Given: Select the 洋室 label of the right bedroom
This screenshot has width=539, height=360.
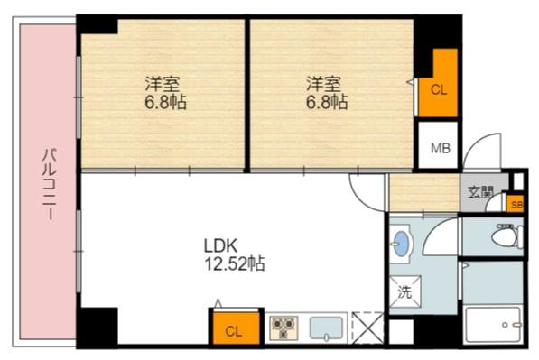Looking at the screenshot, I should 324,84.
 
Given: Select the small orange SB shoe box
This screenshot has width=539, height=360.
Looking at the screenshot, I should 516,204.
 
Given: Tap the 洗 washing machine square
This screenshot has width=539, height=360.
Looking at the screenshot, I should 404,291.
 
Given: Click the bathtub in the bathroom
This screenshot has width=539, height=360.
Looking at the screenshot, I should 492,322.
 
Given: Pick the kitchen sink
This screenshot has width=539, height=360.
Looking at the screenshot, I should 325,328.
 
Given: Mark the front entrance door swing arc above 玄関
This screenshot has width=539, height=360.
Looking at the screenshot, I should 483,152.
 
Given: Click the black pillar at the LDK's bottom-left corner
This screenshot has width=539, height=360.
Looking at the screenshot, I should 98,326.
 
